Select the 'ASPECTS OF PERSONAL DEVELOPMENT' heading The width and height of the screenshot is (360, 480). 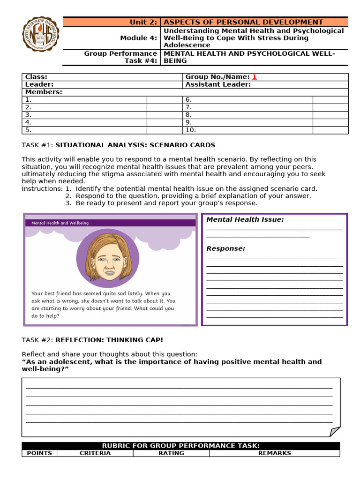tap(243, 22)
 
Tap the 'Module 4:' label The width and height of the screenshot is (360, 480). tap(139, 38)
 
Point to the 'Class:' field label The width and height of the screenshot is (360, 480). tap(36, 77)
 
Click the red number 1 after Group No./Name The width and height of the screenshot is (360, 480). tap(255, 77)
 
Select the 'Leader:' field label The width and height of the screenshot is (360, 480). tap(39, 84)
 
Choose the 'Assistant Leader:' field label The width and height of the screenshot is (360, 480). tap(218, 84)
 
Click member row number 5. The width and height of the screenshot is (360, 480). tap(28, 130)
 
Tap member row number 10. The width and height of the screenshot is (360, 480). tap(191, 130)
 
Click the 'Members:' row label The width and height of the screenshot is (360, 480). tap(44, 92)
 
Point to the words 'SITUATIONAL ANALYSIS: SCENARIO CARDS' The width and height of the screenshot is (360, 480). tap(135, 145)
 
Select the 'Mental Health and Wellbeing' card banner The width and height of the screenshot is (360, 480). tap(60, 223)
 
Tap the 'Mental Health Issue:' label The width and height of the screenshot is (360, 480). tap(245, 219)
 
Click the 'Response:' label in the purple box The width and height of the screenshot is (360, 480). tap(225, 248)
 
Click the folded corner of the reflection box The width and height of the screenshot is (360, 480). tap(334, 431)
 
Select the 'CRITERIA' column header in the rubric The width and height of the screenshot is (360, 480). tap(95, 453)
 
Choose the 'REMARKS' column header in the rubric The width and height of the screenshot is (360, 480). tap(274, 453)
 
